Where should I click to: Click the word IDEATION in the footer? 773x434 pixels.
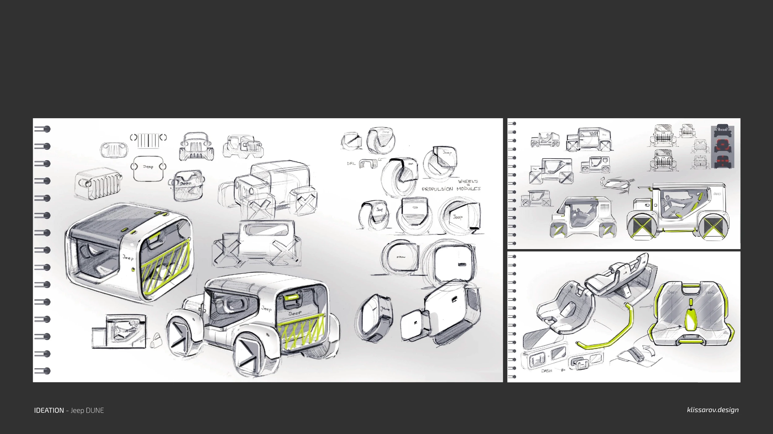click(49, 411)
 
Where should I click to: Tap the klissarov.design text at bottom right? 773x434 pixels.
click(712, 410)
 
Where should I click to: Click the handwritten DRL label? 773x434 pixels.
click(351, 164)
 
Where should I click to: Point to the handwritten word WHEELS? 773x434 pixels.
click(468, 181)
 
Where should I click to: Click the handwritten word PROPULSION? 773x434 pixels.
click(437, 189)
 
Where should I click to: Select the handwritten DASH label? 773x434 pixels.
click(546, 371)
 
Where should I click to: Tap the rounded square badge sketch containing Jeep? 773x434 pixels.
click(148, 168)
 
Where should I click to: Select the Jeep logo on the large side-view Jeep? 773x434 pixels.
click(717, 194)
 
